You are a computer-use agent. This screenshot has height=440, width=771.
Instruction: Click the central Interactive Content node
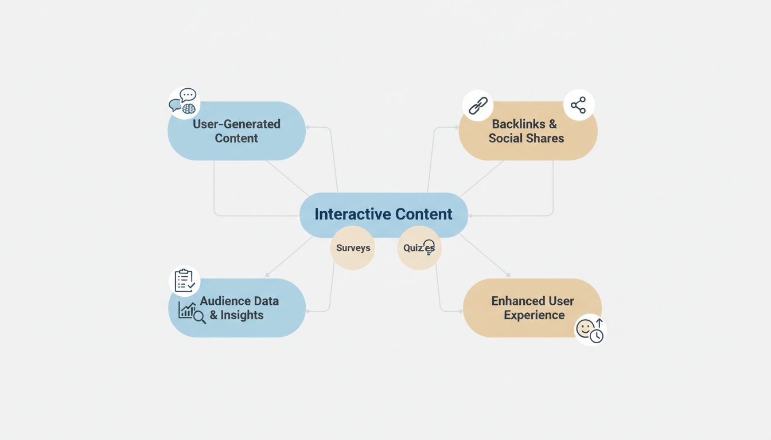point(383,214)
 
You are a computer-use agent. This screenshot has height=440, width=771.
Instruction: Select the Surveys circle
point(352,248)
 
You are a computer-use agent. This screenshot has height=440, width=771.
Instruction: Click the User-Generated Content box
point(236,131)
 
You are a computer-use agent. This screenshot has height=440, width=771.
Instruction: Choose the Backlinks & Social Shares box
point(528,131)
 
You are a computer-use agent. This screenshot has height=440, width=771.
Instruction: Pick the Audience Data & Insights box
point(236,308)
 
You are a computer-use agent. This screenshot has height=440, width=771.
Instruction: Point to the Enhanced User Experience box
point(532,308)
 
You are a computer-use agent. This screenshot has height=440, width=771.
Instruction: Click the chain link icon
point(478,105)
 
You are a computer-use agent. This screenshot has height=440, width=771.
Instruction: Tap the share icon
point(578,105)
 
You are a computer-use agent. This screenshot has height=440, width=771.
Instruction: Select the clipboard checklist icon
point(184,281)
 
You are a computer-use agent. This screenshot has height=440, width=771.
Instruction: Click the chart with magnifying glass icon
point(192,312)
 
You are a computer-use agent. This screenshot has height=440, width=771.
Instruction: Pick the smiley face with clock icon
point(590,330)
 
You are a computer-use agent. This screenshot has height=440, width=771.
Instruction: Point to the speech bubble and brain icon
point(184,102)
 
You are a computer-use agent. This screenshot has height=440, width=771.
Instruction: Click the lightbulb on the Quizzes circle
point(429,247)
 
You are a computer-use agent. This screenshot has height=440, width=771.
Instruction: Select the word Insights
point(242,315)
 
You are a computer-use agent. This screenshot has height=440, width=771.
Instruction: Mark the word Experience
point(534,315)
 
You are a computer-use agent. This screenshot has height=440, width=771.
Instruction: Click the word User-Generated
point(236,124)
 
